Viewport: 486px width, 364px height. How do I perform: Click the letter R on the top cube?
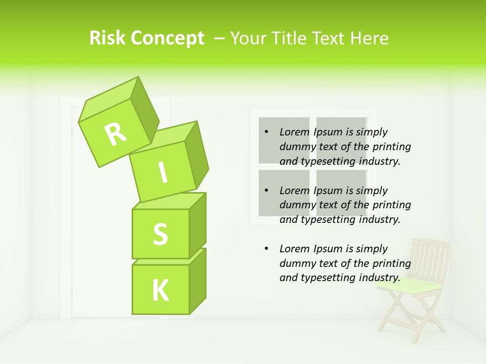coord(116,134)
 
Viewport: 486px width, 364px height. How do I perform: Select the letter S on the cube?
coord(160,235)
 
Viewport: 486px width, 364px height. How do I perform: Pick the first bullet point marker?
coord(267,132)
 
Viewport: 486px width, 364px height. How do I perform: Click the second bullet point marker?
coord(267,191)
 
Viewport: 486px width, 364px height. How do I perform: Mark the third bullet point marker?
coord(267,249)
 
